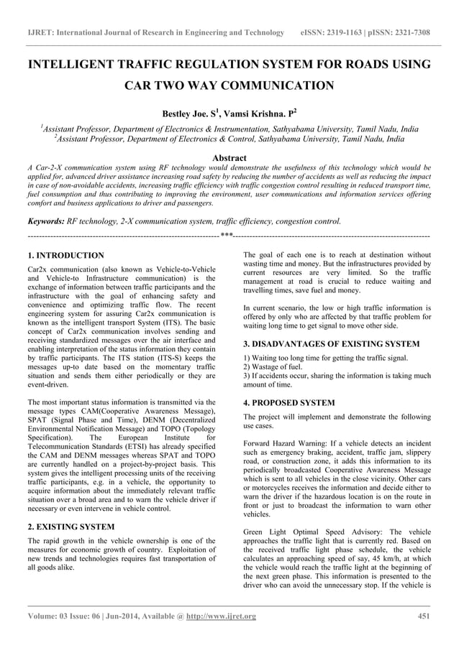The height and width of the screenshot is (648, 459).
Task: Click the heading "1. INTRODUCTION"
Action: point(65,255)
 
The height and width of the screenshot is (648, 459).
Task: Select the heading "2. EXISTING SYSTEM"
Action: point(71,527)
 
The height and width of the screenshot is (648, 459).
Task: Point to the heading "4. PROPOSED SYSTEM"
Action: point(289,403)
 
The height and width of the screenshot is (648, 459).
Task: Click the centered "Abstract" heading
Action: point(229,158)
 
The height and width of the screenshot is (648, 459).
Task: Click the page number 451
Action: point(424,616)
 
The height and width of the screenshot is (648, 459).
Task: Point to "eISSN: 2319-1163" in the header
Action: point(335,33)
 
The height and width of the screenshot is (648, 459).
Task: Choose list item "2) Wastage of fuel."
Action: point(274,366)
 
